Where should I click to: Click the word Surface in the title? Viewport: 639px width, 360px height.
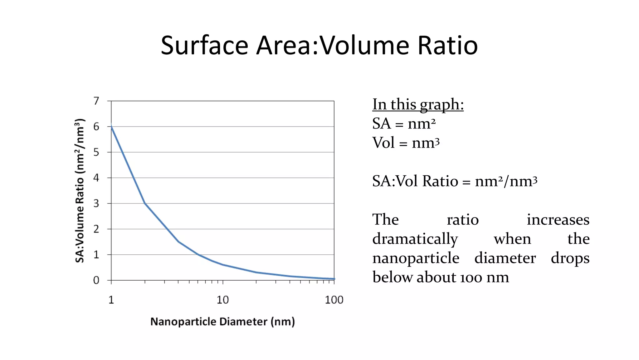pyautogui.click(x=204, y=46)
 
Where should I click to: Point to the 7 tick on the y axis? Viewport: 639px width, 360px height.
pyautogui.click(x=96, y=101)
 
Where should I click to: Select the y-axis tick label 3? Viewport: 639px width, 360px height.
pyautogui.click(x=96, y=203)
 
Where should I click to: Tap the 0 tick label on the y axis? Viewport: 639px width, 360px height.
pyautogui.click(x=96, y=280)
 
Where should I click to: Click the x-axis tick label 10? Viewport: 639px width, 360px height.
pyautogui.click(x=222, y=300)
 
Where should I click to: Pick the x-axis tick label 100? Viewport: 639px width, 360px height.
pyautogui.click(x=334, y=300)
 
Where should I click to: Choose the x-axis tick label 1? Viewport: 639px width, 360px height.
pyautogui.click(x=111, y=300)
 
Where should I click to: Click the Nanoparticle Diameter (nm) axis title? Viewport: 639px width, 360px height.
pyautogui.click(x=222, y=322)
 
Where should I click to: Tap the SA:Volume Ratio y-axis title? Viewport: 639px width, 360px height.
pyautogui.click(x=80, y=191)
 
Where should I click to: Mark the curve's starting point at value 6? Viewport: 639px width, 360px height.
pyautogui.click(x=112, y=127)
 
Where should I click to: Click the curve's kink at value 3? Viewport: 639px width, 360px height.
pyautogui.click(x=145, y=203)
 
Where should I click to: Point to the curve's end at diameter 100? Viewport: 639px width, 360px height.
pyautogui.click(x=334, y=279)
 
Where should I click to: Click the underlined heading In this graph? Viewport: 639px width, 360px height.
pyautogui.click(x=418, y=104)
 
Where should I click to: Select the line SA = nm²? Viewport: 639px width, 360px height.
pyautogui.click(x=404, y=124)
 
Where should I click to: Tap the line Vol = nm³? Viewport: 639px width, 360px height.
pyautogui.click(x=406, y=143)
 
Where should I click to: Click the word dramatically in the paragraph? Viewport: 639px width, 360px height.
pyautogui.click(x=415, y=239)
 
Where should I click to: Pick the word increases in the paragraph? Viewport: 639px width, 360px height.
pyautogui.click(x=558, y=220)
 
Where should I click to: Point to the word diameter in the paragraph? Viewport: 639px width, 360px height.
pyautogui.click(x=505, y=258)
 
